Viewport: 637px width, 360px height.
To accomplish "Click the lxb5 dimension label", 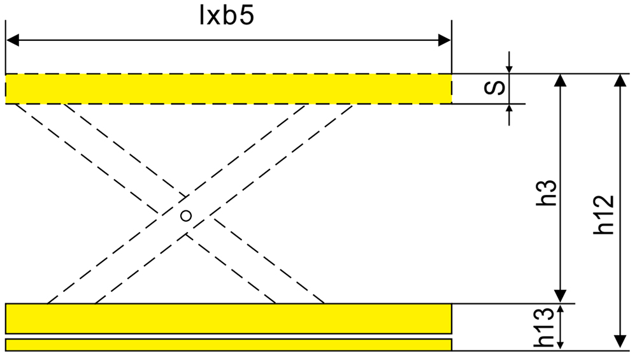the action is click(x=227, y=17).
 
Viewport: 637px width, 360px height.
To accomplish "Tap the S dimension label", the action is click(x=495, y=87).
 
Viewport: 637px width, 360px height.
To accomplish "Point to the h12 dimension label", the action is click(x=603, y=215).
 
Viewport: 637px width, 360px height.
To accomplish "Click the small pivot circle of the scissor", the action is click(x=186, y=216).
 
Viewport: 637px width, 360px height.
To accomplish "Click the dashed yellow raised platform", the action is click(x=229, y=89).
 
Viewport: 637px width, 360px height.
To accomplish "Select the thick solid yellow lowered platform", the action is click(x=229, y=319).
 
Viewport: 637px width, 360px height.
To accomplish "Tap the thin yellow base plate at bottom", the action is click(x=229, y=345).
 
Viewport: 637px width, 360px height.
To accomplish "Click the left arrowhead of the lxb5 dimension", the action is click(x=12, y=40).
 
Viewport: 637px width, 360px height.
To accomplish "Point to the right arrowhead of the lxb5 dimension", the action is click(x=445, y=40).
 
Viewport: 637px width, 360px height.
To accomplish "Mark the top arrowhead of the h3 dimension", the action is click(x=561, y=80).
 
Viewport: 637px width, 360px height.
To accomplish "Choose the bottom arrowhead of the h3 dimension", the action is click(x=561, y=297).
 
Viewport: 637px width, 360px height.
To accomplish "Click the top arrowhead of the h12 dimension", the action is click(x=620, y=80).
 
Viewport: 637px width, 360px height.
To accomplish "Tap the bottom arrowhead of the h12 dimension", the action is click(x=620, y=342).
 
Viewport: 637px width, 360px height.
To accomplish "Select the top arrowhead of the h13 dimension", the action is click(x=561, y=308).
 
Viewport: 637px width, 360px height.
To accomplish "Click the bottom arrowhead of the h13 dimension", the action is click(x=561, y=345).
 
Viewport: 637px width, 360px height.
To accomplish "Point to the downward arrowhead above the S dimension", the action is click(x=509, y=69).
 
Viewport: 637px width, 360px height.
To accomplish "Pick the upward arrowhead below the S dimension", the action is click(x=509, y=108).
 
